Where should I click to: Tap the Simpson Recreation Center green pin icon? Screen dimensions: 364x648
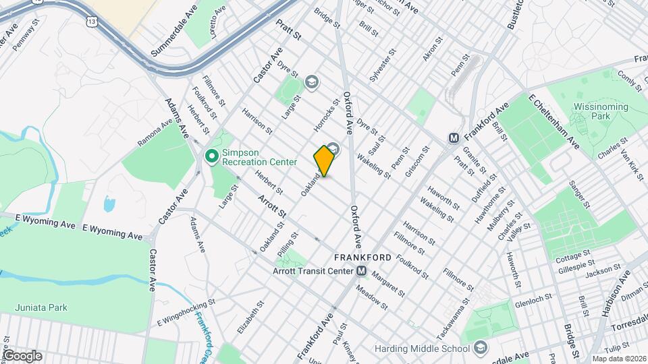tap(212, 156)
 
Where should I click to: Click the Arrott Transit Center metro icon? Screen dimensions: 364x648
tap(362, 271)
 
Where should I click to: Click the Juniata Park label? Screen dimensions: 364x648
tap(43, 307)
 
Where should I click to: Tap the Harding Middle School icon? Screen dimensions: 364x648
tap(480, 348)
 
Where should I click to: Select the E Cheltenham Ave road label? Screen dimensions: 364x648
tap(554, 122)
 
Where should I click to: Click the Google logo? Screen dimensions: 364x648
tap(22, 355)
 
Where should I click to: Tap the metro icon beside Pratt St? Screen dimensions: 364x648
tap(454, 138)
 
